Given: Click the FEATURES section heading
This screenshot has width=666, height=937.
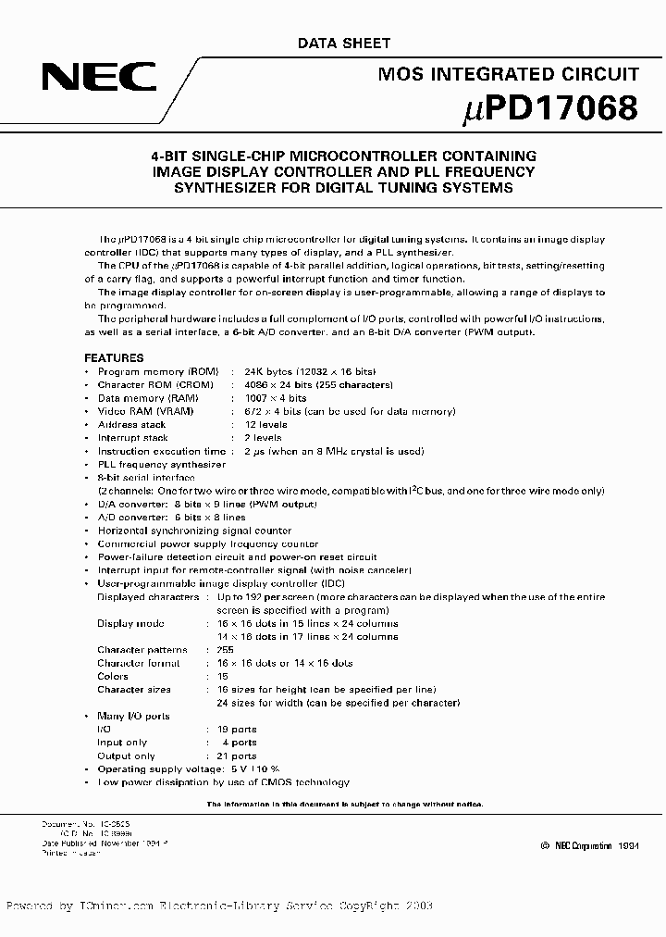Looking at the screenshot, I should [x=114, y=357].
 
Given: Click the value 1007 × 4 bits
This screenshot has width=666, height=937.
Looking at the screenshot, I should [x=275, y=398].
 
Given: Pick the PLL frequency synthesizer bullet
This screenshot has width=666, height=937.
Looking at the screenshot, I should [x=161, y=464].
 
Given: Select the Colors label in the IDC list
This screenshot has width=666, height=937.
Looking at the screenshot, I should [x=114, y=676].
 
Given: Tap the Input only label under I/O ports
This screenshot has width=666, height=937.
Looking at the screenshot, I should [x=122, y=743].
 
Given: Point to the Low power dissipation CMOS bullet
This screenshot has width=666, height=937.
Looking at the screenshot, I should [x=223, y=782].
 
